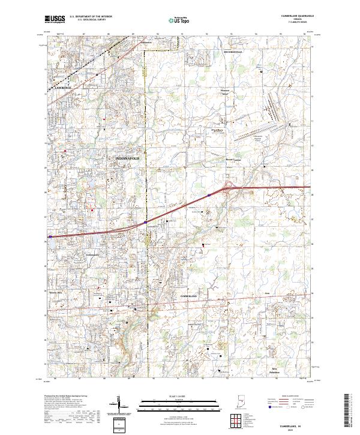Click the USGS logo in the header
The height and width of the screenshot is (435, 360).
(x=55, y=19)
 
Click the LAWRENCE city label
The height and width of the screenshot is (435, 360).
(x=62, y=88)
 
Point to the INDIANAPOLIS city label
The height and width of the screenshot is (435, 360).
(x=127, y=158)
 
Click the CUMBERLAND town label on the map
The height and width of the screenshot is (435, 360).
(x=188, y=296)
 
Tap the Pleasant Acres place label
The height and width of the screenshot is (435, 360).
(x=226, y=93)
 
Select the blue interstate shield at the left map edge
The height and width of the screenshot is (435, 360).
(x=50, y=237)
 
